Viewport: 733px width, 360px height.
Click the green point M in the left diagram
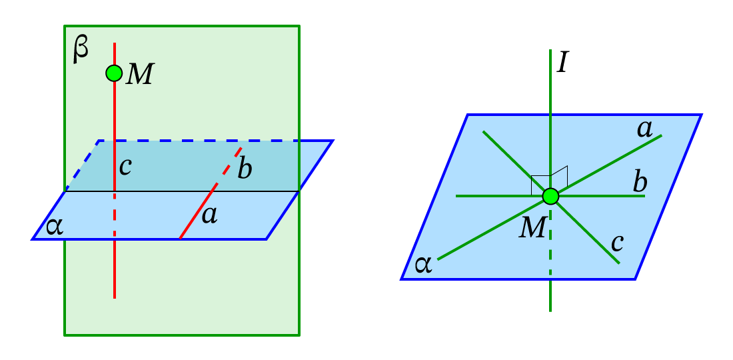[x=114, y=73]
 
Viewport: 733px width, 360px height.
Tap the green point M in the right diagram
[x=550, y=196]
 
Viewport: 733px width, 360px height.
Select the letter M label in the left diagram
[x=140, y=75]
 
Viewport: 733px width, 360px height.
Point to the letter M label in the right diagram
[x=532, y=229]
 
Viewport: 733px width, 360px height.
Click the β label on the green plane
[x=80, y=51]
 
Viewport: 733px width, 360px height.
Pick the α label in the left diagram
[x=55, y=227]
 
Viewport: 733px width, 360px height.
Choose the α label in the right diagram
[x=423, y=265]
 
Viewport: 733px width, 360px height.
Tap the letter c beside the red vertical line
[x=125, y=167]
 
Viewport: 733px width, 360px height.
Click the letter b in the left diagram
[x=245, y=169]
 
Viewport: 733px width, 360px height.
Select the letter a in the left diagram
[x=209, y=215]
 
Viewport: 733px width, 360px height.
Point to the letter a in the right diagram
[x=644, y=129]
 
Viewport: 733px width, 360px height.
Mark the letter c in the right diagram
[x=617, y=243]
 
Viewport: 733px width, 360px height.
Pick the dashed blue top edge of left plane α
[x=200, y=141]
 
